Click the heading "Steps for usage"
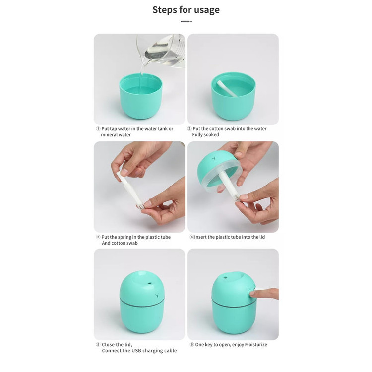click(x=186, y=10)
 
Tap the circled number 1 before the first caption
click(x=98, y=129)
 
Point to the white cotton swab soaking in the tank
click(x=226, y=88)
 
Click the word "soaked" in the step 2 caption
click(x=212, y=135)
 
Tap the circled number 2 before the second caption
click(x=189, y=129)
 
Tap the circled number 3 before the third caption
click(x=98, y=237)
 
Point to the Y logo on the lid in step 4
click(x=214, y=158)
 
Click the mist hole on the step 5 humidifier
click(x=149, y=283)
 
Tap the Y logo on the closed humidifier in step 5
click(x=157, y=296)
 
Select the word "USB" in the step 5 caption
click(x=136, y=351)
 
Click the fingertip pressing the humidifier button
click(x=252, y=294)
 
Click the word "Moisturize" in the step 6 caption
click(x=256, y=345)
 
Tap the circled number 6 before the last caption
click(x=192, y=345)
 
